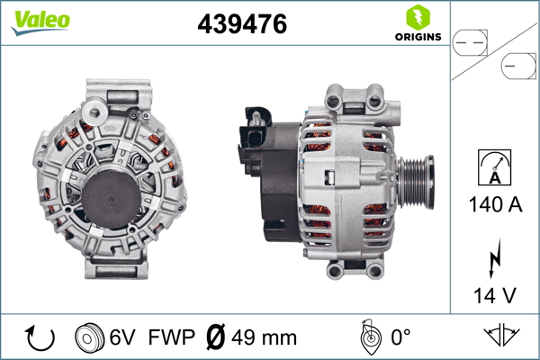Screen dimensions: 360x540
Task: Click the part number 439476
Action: (x=241, y=25)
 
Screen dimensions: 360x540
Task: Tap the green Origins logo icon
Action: (x=416, y=17)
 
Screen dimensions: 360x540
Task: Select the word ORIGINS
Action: (x=417, y=37)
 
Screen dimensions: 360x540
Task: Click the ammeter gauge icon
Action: (x=495, y=168)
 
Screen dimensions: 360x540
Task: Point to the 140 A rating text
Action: (x=495, y=204)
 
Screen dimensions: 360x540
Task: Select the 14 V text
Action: (x=495, y=294)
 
